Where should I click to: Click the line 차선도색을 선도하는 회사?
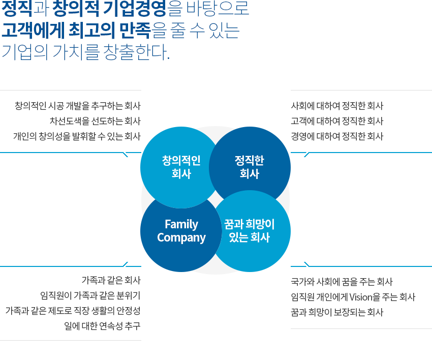tap(95, 121)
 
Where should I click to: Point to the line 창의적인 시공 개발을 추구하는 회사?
tap(78, 106)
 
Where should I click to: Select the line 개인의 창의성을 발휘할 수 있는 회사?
tap(77, 136)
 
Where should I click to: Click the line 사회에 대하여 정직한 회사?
tap(337, 106)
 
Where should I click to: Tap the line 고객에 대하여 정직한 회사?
tap(337, 121)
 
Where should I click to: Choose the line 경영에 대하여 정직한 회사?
tap(337, 136)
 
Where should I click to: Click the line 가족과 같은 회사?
tap(111, 280)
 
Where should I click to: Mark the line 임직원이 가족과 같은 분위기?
tap(90, 295)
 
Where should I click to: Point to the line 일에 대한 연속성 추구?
tap(102, 326)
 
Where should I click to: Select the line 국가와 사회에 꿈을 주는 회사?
tap(342, 282)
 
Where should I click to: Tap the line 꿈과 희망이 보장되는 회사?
tap(337, 312)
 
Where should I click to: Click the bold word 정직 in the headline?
tap(17, 8)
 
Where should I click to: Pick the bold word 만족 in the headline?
tap(135, 30)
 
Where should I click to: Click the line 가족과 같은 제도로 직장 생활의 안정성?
tap(73, 311)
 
